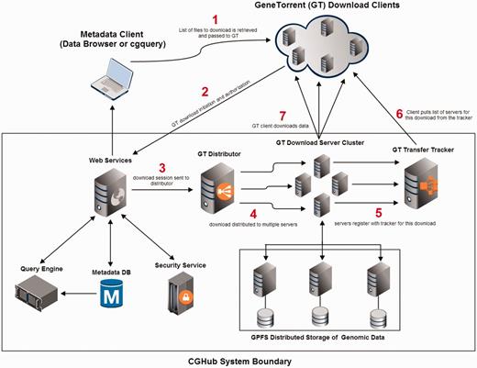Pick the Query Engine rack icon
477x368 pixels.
[x=39, y=299]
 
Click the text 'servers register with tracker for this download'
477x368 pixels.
[x=385, y=224]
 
